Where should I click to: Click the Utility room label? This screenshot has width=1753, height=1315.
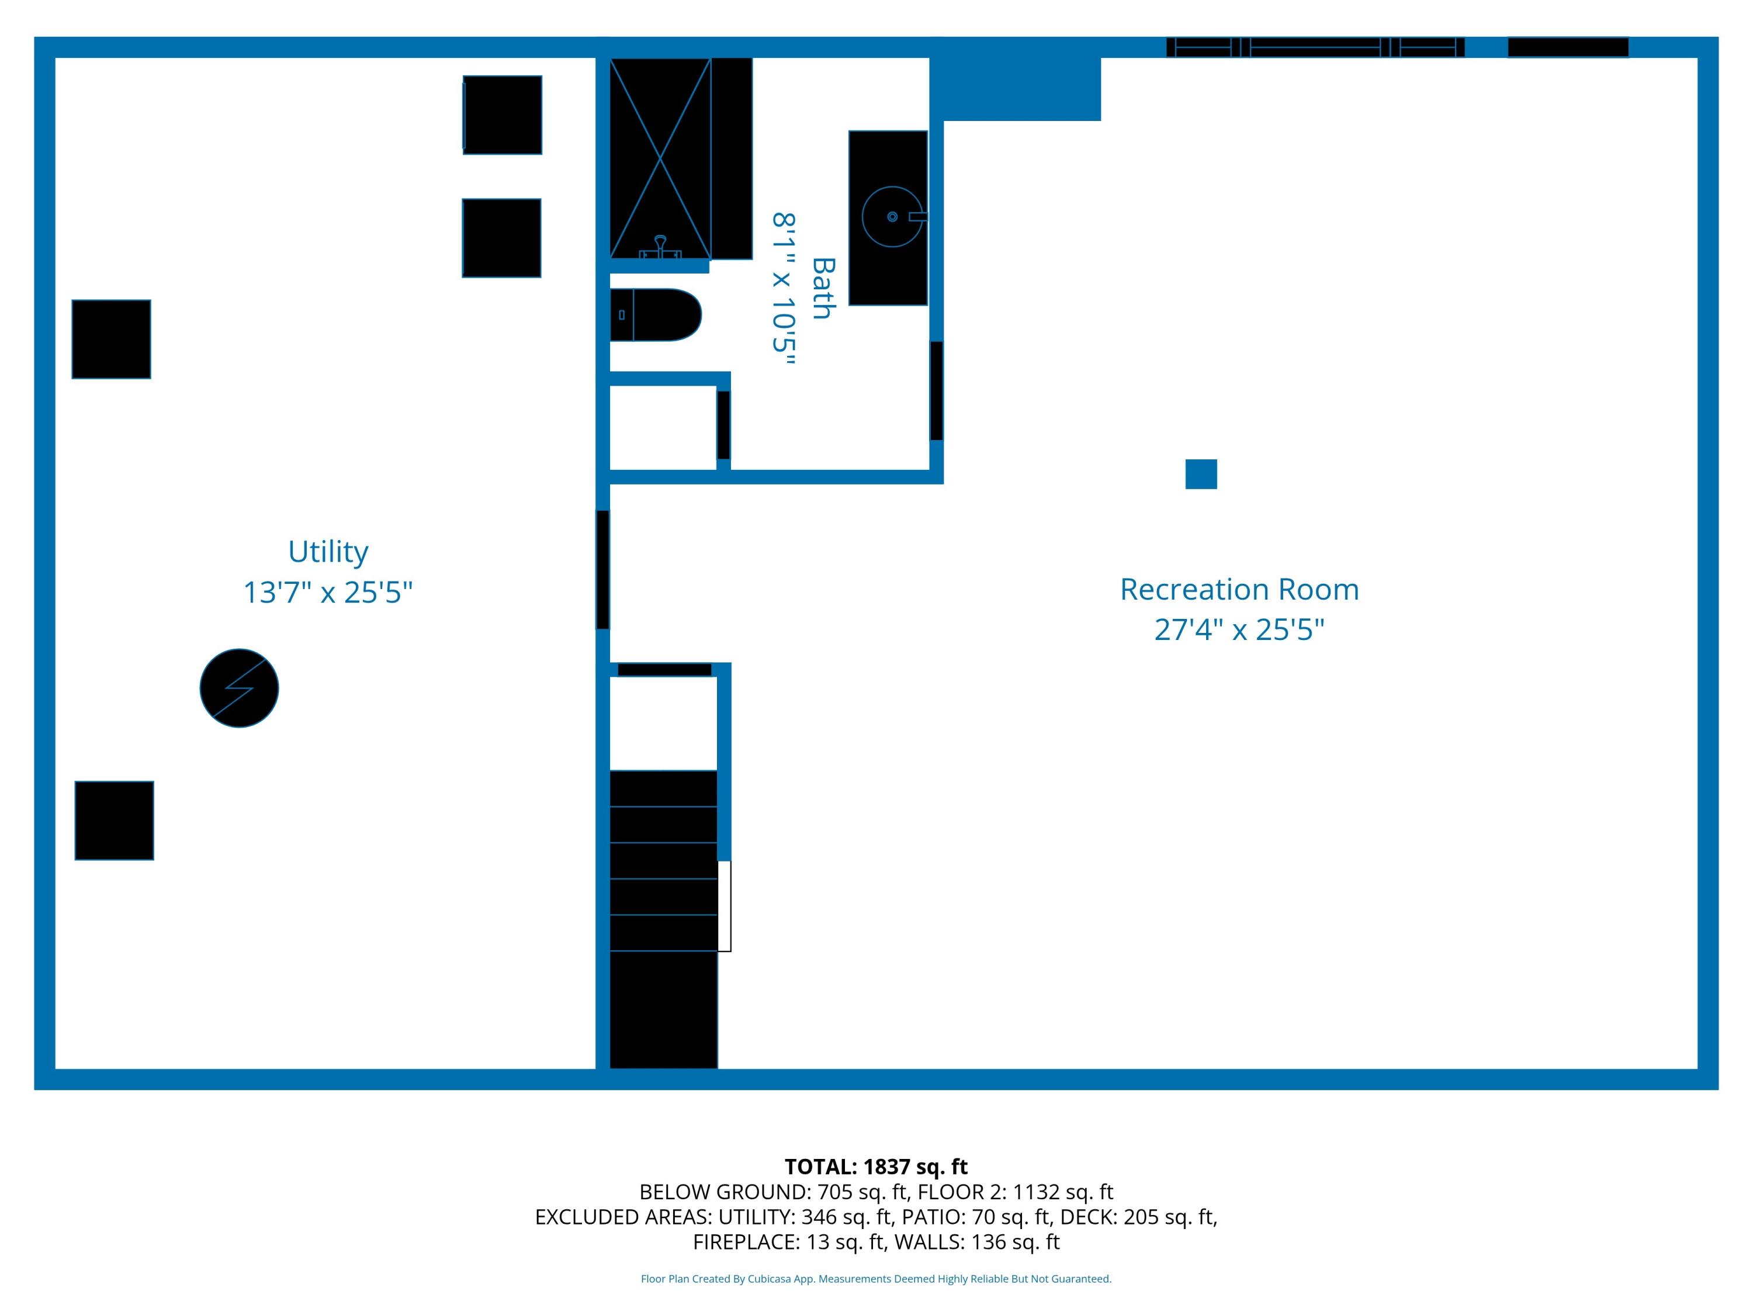327,552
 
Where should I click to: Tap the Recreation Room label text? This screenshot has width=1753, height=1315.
1239,590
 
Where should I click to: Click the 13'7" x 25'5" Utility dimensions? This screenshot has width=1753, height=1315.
327,593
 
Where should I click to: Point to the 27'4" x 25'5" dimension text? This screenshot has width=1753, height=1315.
1239,630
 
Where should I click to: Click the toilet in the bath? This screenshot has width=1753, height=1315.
654,314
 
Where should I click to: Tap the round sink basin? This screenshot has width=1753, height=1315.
892,216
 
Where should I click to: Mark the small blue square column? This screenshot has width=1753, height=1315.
1201,474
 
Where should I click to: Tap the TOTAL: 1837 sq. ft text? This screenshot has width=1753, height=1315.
876,1167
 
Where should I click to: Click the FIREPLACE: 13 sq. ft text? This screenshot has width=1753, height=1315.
788,1242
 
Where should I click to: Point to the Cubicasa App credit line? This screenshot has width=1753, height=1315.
876,1279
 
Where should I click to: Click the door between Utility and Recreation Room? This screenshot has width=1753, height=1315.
603,570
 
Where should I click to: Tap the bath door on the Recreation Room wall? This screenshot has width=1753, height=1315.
936,391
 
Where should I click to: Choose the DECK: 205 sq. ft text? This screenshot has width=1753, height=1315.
1139,1217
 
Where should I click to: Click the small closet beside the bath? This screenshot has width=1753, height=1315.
663,427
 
